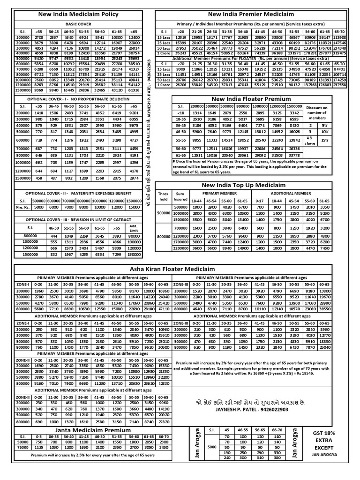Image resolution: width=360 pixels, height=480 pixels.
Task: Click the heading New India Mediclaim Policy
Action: tap(78, 15)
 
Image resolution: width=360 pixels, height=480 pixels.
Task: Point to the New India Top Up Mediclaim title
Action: tap(251, 185)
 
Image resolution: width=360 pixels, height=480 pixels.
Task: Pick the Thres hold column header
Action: tap(163, 196)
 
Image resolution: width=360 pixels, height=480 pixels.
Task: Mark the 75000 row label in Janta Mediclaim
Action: tap(22, 447)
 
